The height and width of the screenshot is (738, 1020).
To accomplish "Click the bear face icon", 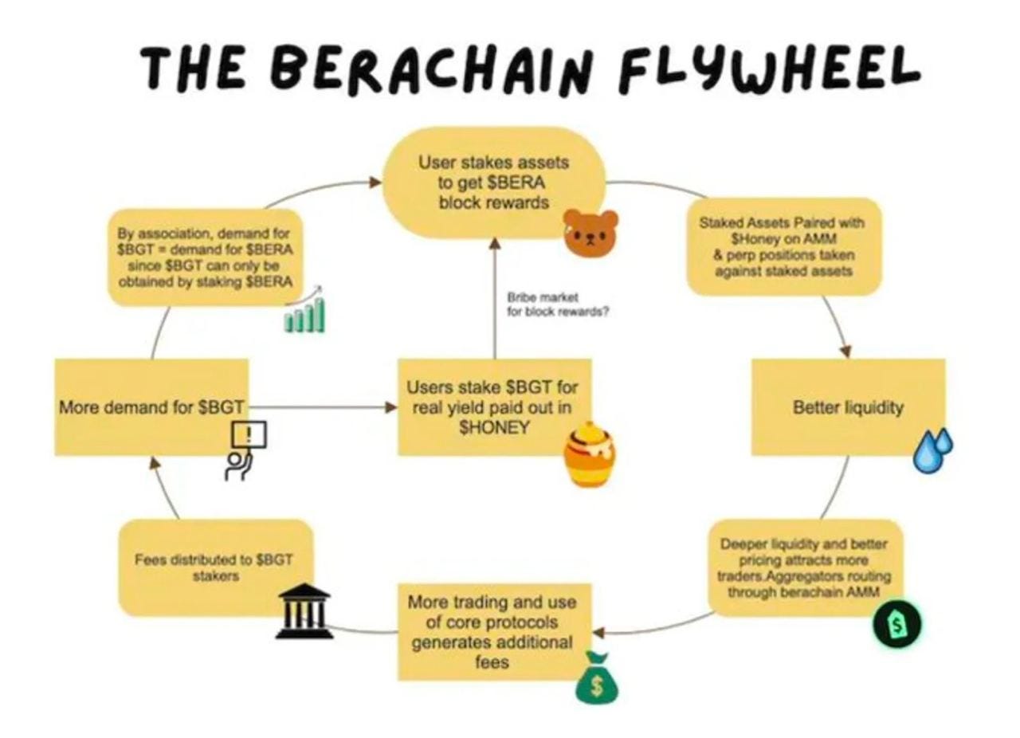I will pos(590,232).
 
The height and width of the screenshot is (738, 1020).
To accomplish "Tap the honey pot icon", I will pos(589,455).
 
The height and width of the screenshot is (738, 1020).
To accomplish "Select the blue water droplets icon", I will pos(933,450).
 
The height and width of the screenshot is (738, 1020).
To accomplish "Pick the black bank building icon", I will pos(304,611).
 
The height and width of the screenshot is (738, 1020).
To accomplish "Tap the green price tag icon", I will pos(897,624).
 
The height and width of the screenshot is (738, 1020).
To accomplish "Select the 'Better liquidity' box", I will pos(848,407).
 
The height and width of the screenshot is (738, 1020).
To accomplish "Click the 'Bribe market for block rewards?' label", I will pos(558,304).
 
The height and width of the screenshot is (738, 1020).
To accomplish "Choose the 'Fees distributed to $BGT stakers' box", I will pos(214,567).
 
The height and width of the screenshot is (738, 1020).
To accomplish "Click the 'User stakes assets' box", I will pos(494,183).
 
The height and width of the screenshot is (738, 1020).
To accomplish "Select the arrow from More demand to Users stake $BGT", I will pos(323,407).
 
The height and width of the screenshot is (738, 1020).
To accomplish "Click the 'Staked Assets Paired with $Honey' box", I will pos(784,247).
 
